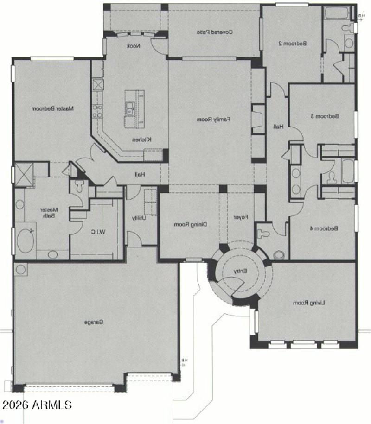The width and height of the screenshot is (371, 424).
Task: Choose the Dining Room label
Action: (x=190, y=224)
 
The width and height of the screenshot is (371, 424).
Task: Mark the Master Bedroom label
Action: (x=53, y=109)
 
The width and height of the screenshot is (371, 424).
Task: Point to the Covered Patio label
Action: (x=214, y=32)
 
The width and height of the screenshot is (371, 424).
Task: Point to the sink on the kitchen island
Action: (x=129, y=109)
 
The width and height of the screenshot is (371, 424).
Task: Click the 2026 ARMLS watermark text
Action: (x=37, y=405)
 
